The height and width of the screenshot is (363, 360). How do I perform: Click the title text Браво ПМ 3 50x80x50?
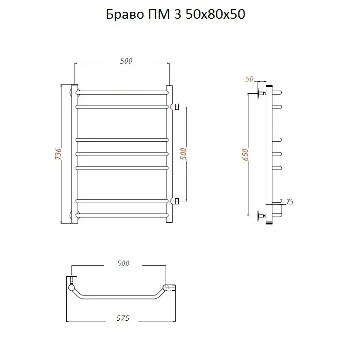pos(176,14)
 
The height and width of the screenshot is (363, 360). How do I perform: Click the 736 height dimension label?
pos(58,154)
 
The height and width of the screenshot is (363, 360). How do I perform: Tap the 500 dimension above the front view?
pos(126,61)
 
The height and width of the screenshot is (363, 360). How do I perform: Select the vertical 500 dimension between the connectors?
pos(183,154)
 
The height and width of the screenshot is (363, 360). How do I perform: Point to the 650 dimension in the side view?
pos(245,155)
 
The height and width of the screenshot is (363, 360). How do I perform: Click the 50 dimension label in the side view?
pos(249,79)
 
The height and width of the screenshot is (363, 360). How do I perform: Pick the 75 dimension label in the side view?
pos(290,202)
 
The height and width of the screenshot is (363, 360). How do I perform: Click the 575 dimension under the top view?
pos(123,318)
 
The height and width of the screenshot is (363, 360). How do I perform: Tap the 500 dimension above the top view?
pos(123,264)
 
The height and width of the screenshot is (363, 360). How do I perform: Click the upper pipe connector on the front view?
pos(175,107)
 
